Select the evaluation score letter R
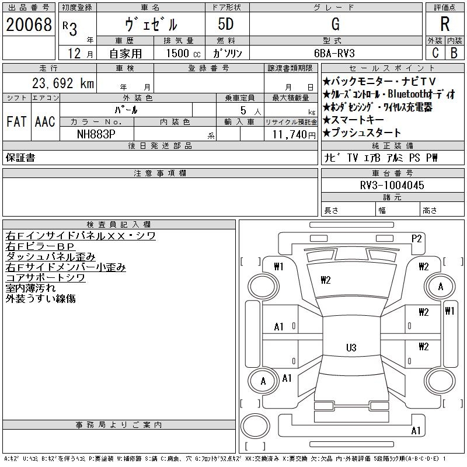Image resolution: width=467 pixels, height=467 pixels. point(444,24)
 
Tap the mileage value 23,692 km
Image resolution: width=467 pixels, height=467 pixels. point(63,83)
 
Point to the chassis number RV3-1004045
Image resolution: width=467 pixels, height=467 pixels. point(392,185)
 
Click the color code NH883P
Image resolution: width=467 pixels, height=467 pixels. point(96,134)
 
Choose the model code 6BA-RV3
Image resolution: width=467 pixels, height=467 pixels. point(334,53)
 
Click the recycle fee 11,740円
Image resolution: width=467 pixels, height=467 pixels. point(294,134)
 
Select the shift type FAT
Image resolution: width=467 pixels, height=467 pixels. point(16,121)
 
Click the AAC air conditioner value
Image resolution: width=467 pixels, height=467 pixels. point(45,121)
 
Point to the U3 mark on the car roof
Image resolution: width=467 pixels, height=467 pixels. point(351,347)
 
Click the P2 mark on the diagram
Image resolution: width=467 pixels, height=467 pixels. point(416,238)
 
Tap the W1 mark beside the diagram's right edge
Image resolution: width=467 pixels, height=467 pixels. point(449,311)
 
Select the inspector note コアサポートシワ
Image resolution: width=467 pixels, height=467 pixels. point(46,278)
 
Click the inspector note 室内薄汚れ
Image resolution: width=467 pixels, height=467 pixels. point(31,288)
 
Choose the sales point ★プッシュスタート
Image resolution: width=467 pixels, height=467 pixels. point(362,133)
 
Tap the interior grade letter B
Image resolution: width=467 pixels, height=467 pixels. point(454,53)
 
